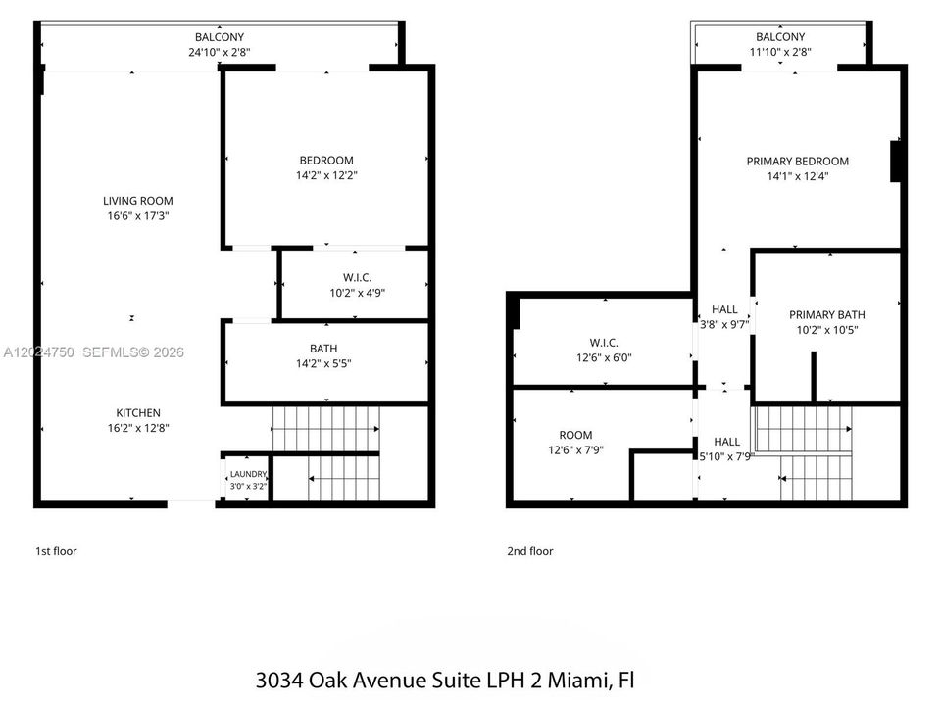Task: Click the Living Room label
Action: [138, 201]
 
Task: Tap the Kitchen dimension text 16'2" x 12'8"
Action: [138, 428]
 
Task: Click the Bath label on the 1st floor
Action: [323, 349]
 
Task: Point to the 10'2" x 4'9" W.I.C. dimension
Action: [357, 293]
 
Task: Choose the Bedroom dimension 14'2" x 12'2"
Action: [326, 175]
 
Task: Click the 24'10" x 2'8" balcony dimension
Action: [219, 52]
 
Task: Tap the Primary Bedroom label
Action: [798, 162]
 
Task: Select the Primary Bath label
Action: [827, 314]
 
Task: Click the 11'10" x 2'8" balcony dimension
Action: [780, 52]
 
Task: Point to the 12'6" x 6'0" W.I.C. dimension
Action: [604, 358]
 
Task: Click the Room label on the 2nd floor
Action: [575, 435]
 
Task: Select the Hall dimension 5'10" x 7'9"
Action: [726, 457]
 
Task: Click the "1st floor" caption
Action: [57, 551]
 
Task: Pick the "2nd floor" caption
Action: [530, 551]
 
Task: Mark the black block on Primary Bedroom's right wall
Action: [895, 161]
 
